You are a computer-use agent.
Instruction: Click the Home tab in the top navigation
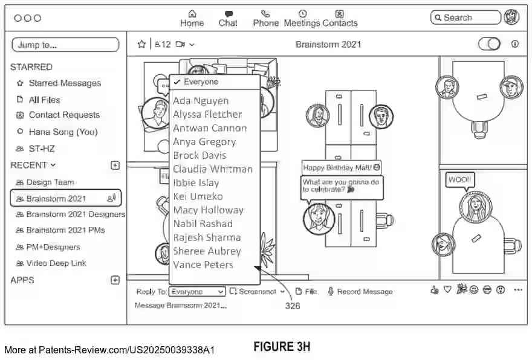(x=192, y=18)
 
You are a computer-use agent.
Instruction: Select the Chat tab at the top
(x=228, y=18)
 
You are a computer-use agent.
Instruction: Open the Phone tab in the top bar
(x=265, y=18)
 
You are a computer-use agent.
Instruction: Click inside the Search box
(x=465, y=18)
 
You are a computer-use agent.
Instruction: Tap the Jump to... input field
(x=65, y=45)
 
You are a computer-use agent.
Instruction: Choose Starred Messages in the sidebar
(x=65, y=83)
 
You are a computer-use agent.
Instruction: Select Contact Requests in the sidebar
(x=64, y=115)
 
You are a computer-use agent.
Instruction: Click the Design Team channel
(x=50, y=182)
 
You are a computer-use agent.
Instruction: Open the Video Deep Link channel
(x=56, y=263)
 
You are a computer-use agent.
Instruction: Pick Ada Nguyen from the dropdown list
(x=201, y=101)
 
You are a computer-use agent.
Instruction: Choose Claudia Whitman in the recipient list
(x=212, y=169)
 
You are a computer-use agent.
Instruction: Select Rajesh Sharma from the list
(x=207, y=237)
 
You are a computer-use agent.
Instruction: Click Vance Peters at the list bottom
(x=203, y=265)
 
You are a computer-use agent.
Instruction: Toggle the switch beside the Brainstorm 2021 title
(x=489, y=44)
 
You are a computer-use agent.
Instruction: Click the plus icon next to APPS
(x=115, y=280)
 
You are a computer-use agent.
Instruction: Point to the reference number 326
(x=292, y=306)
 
